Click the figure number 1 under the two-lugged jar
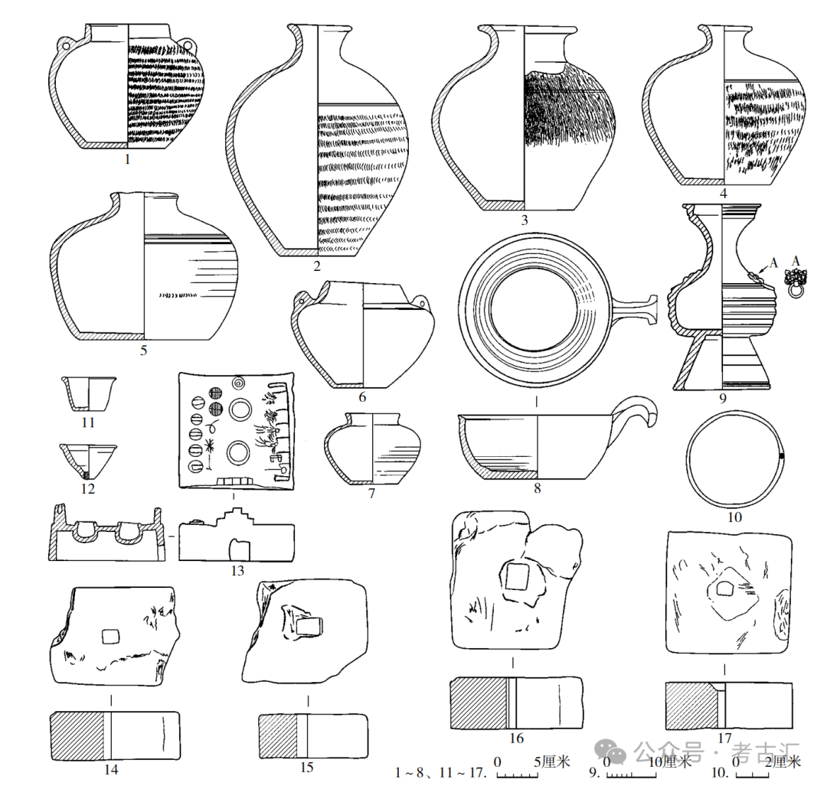pos(127,160)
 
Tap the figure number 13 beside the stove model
pos(237,570)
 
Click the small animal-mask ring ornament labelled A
pos(797,285)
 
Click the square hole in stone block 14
pos(110,637)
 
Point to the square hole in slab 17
pos(724,589)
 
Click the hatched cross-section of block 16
pos(479,702)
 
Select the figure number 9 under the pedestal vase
pos(721,398)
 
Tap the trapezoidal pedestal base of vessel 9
pos(721,363)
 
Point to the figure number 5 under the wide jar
pos(143,351)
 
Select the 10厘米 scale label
pos(668,762)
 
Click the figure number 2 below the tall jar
pos(316,266)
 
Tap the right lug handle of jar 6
pos(423,305)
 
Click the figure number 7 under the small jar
pos(371,494)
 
